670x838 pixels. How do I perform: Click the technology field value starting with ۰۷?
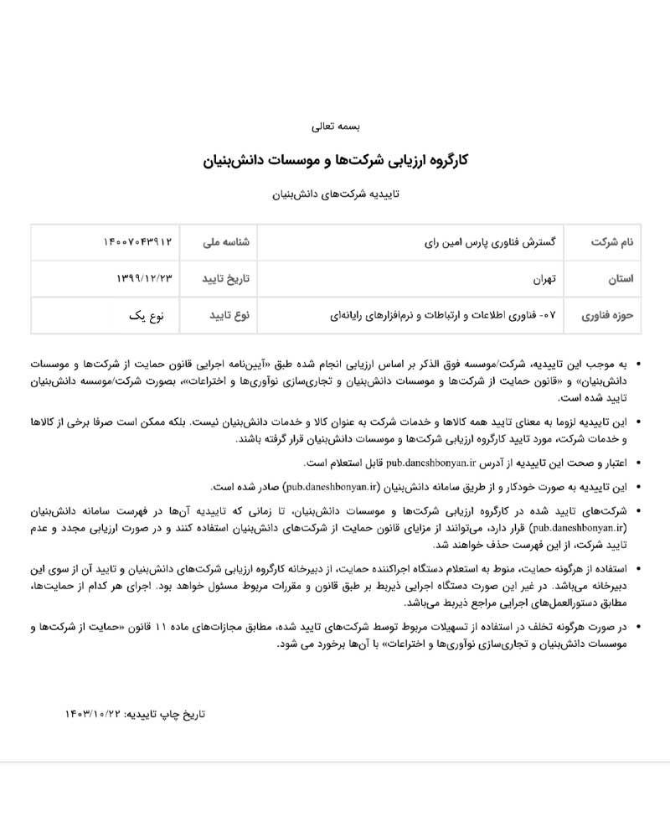(444, 315)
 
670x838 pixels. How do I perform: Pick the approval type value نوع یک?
(147, 315)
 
